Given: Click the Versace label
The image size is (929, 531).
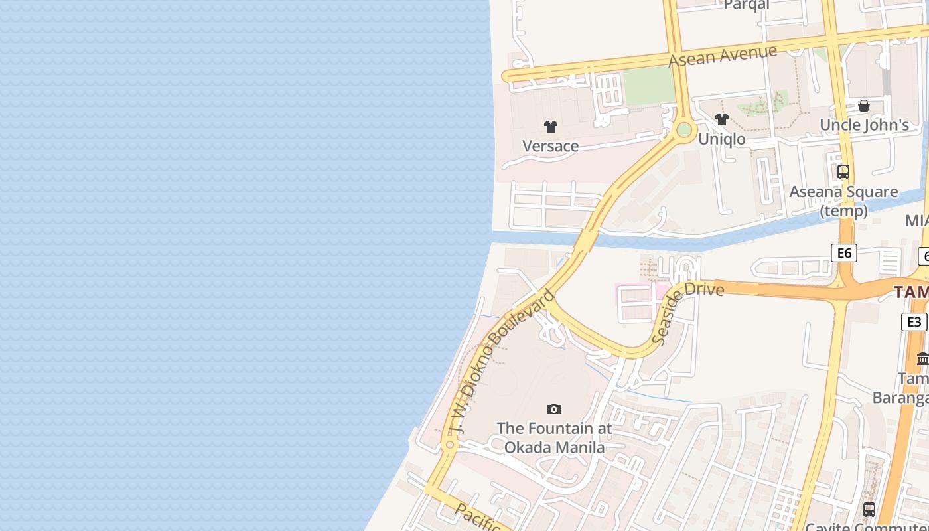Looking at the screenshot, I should pos(550,146).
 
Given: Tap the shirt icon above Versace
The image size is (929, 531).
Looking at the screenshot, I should pos(550,127).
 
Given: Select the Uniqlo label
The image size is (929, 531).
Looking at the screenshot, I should pos(721,139).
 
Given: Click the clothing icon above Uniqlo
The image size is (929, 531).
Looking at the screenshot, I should pos(722,120).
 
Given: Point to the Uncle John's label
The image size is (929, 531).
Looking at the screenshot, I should pos(864,125).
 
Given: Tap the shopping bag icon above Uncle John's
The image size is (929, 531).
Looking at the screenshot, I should pos(864,106).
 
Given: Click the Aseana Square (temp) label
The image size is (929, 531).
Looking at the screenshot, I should pos(843,201).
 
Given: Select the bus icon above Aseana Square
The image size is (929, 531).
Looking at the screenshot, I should pos(843,172).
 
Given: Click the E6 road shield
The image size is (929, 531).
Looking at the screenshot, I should pos(844,252).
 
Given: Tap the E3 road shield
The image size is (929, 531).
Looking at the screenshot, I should pos(914,322).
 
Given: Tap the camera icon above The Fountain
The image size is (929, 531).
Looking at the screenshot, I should pos(554,410).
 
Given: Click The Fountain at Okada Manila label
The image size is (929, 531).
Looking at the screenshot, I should pos(554,438).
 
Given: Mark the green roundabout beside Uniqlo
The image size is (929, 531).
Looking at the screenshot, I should pos(683,130).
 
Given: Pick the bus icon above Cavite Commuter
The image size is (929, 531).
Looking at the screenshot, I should pos(869,510).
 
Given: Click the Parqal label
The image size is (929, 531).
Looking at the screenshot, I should pos(747,5).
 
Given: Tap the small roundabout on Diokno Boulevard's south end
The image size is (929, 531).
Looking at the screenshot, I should pos(450,444).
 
